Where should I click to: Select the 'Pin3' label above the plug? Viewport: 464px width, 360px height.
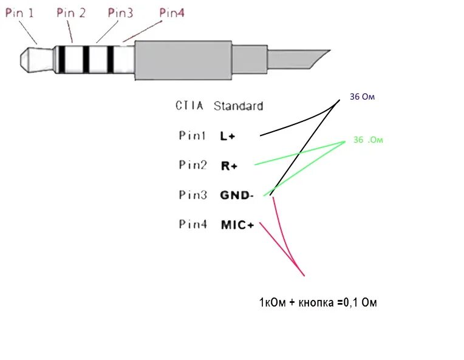(120, 13)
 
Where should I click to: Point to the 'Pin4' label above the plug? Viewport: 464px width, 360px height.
(171, 13)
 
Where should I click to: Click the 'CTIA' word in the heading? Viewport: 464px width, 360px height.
(189, 106)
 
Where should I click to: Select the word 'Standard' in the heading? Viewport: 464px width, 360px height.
(238, 106)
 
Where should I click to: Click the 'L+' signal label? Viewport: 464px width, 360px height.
(228, 137)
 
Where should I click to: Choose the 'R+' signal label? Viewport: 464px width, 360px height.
(228, 166)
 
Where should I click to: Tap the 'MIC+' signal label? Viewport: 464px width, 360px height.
(237, 225)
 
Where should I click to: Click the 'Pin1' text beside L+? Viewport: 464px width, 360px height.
(193, 136)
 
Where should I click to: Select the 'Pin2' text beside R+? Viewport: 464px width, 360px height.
(193, 165)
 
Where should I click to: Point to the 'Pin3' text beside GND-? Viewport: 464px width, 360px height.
(193, 195)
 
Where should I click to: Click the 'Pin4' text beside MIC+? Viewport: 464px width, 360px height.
(193, 225)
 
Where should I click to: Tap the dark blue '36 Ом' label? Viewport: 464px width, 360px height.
(363, 97)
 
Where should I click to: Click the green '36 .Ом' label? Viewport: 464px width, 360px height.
(368, 140)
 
